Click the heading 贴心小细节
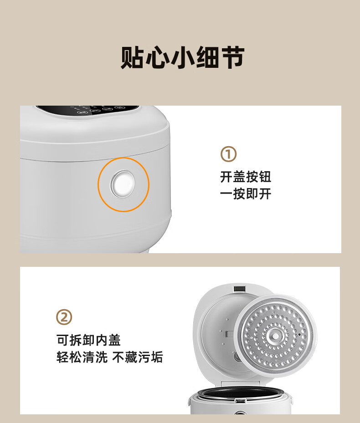[x=182, y=57]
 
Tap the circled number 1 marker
[x=228, y=154]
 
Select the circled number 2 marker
[x=64, y=317]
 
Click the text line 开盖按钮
[x=246, y=177]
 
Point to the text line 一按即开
[x=246, y=194]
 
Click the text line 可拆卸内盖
[x=88, y=340]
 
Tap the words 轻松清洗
[x=82, y=357]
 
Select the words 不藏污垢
[x=138, y=357]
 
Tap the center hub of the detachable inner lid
[x=275, y=336]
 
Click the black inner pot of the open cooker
[x=240, y=393]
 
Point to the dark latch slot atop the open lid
[x=240, y=289]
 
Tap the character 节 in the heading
[x=233, y=57]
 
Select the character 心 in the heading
[x=158, y=57]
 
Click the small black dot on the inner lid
[x=299, y=335]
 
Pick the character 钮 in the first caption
[x=265, y=177]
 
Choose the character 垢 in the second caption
[x=157, y=357]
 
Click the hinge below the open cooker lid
[x=240, y=383]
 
